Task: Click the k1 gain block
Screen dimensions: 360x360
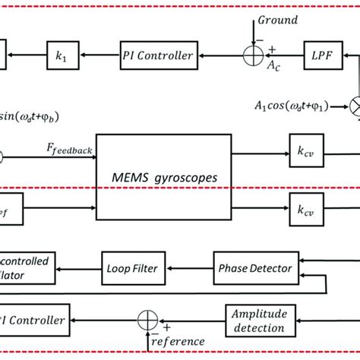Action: [61, 55]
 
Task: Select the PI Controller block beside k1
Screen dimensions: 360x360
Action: [157, 55]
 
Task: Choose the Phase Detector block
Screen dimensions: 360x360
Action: [243, 269]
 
